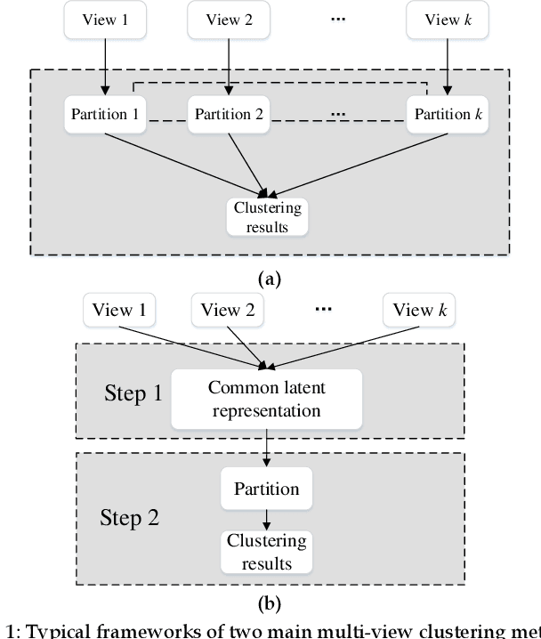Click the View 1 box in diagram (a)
[x=104, y=20]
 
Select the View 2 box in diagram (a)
[x=228, y=20]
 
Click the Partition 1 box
[x=104, y=114]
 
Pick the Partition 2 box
[x=229, y=114]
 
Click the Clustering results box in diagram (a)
[x=267, y=217]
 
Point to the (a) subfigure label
[x=269, y=279]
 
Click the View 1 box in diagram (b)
[x=119, y=310]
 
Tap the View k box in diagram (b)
[x=419, y=310]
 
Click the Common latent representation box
[x=266, y=399]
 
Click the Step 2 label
[x=129, y=517]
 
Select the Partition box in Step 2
[x=266, y=489]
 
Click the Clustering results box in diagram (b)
[x=266, y=552]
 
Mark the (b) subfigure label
[x=269, y=604]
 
